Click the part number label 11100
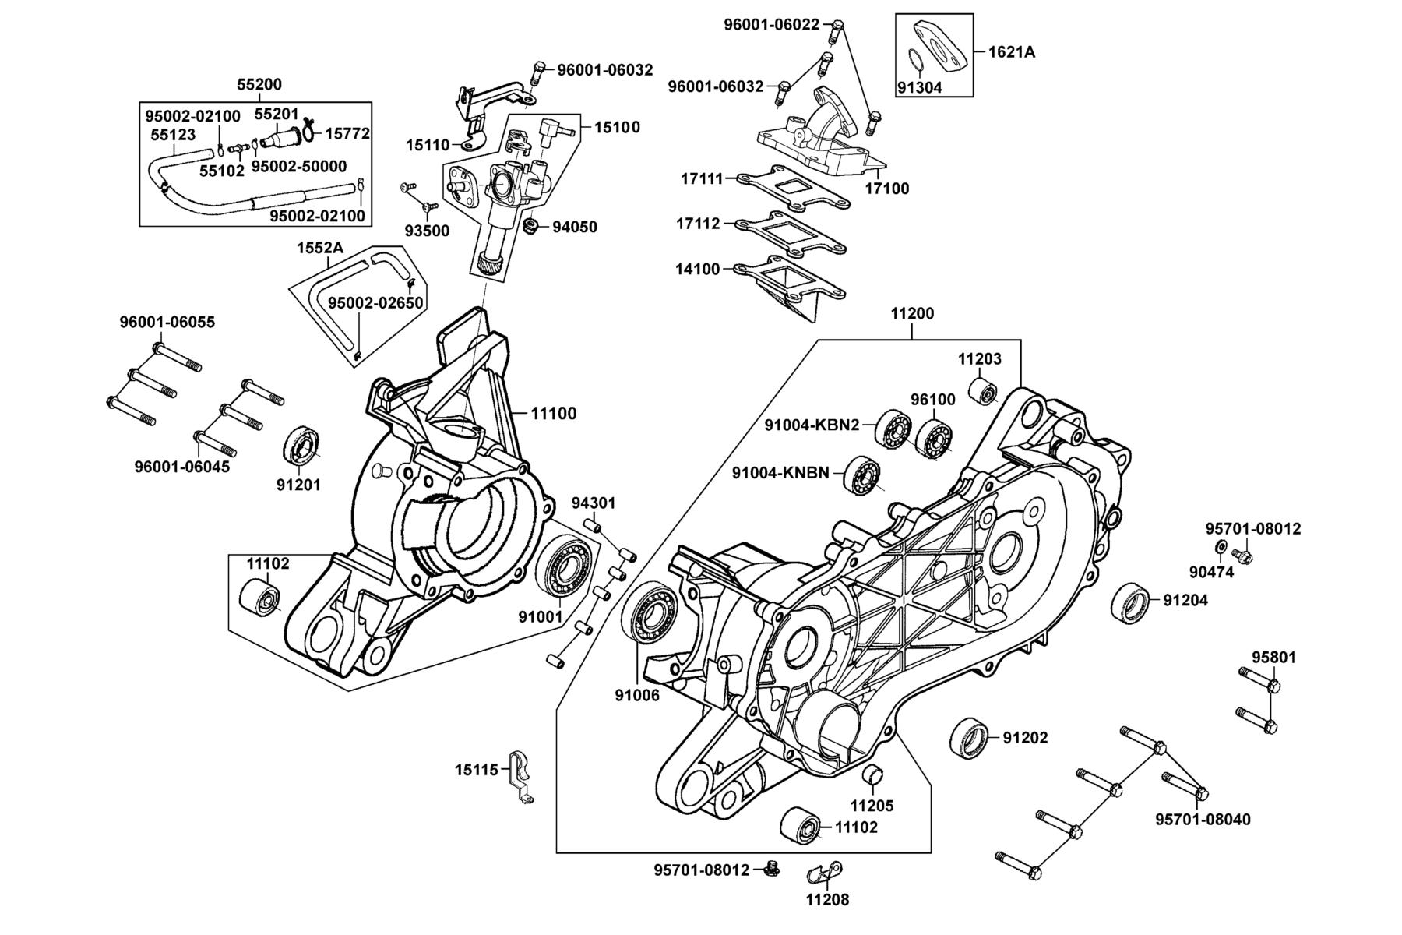click(554, 414)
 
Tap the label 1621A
click(1012, 52)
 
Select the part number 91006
click(636, 695)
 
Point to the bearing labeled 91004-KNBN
click(861, 474)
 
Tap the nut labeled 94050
click(532, 228)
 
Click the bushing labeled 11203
click(985, 391)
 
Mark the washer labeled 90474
click(1221, 546)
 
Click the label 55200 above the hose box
click(259, 85)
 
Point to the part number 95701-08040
click(1203, 819)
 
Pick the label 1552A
click(319, 248)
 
